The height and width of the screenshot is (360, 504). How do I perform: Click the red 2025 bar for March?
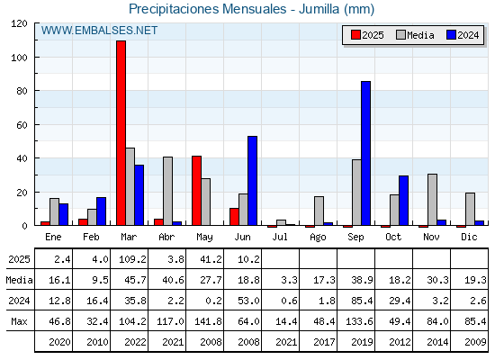tap(121, 133)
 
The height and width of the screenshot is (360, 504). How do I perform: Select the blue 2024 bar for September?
tap(365, 153)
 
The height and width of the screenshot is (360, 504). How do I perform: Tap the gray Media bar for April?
tap(167, 191)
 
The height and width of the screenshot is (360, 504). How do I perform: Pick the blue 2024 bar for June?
tap(252, 181)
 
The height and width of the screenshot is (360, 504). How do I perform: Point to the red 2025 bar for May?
tap(197, 191)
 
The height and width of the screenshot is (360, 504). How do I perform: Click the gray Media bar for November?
tap(432, 200)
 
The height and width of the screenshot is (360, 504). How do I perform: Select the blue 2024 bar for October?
tap(404, 200)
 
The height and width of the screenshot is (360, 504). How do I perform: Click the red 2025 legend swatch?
tap(355, 35)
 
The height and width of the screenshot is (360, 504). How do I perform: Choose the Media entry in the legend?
tap(415, 35)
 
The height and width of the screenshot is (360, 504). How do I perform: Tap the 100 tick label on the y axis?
tap(19, 58)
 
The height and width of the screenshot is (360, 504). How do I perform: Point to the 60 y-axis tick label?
tap(22, 125)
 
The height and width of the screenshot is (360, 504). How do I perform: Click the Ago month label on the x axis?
tap(318, 238)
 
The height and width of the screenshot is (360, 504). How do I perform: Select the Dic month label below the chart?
tap(469, 237)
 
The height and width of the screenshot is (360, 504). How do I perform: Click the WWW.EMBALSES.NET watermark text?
tap(99, 31)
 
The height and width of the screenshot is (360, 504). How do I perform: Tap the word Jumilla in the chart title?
tap(319, 9)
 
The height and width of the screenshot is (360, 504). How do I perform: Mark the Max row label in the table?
tap(19, 321)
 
